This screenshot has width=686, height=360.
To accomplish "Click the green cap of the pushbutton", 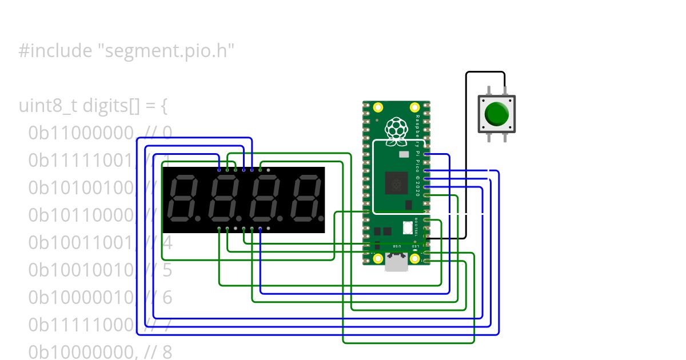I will tap(496, 114).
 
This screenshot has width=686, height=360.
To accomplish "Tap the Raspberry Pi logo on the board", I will tap(395, 129).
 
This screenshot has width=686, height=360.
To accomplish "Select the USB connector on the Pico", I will tap(396, 262).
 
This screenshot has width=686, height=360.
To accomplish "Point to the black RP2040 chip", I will tap(396, 183).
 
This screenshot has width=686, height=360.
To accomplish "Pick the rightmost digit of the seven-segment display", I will tap(304, 200).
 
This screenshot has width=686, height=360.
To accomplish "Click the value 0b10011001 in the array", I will tap(81, 243).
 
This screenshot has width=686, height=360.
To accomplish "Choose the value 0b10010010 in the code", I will tap(81, 270).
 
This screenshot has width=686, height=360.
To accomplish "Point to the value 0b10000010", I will tap(81, 298).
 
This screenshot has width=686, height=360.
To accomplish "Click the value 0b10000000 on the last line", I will tap(81, 352).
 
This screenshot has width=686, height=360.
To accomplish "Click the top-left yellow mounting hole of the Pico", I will tap(378, 107).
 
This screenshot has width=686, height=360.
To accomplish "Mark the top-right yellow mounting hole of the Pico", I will tap(415, 107).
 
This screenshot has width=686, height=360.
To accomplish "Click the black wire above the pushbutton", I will tap(485, 72).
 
